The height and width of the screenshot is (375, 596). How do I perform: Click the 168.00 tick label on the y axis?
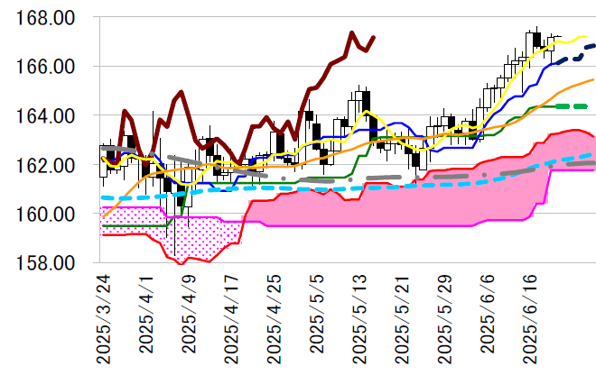52,18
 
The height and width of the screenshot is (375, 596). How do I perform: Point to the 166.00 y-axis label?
52,68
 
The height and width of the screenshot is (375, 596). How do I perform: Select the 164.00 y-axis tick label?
52,116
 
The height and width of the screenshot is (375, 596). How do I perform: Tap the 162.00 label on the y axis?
52,166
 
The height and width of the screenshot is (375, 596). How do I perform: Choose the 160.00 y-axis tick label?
52,215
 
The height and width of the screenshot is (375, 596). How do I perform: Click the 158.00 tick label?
52,264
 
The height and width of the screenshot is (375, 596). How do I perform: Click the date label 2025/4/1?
147,316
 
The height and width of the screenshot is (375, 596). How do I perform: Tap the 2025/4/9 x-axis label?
190,316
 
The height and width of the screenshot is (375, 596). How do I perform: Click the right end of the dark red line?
374,38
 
